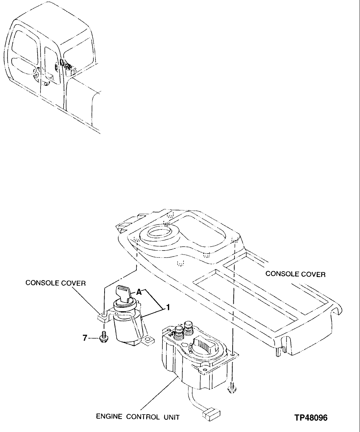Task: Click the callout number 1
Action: click(168, 307)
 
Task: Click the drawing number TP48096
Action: click(311, 418)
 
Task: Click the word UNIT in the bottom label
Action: click(171, 417)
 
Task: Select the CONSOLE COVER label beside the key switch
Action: click(55, 283)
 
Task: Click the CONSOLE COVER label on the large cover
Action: click(295, 274)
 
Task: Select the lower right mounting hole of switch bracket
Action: click(148, 339)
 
